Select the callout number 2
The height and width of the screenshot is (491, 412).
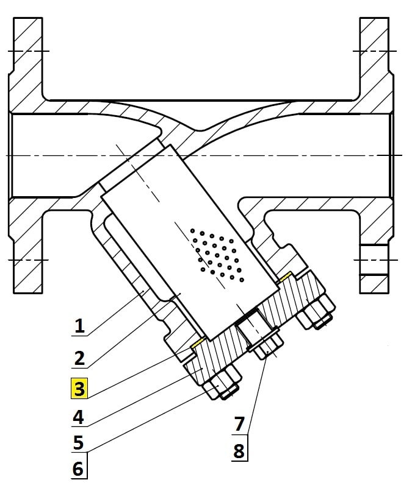tap(78, 358)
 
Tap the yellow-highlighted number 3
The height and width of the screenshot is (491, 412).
tap(79, 388)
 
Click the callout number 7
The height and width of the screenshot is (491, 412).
tap(240, 423)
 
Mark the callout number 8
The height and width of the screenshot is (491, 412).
tap(240, 451)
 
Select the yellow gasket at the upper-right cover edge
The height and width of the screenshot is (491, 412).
tap(285, 277)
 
